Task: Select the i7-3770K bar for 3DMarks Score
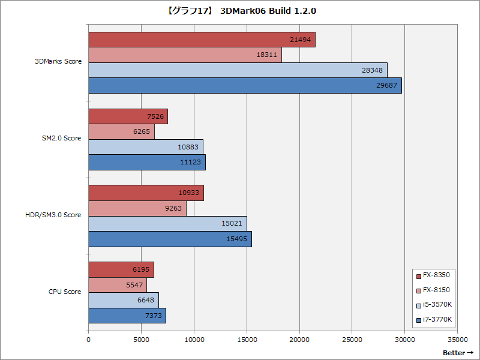pos(245,85)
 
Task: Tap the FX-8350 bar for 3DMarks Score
pos(202,40)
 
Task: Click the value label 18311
pos(266,55)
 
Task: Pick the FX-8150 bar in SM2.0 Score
pos(121,131)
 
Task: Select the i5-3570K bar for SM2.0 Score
pos(146,147)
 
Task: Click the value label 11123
pos(190,163)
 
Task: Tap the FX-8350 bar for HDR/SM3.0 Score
pos(146,193)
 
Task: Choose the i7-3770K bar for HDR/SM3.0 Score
pos(170,239)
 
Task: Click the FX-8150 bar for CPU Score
pos(118,285)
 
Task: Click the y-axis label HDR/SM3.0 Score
pos(58,215)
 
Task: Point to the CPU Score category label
pos(65,292)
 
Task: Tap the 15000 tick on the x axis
pos(247,339)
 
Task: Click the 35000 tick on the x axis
pos(457,339)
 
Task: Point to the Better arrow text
pos(458,352)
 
